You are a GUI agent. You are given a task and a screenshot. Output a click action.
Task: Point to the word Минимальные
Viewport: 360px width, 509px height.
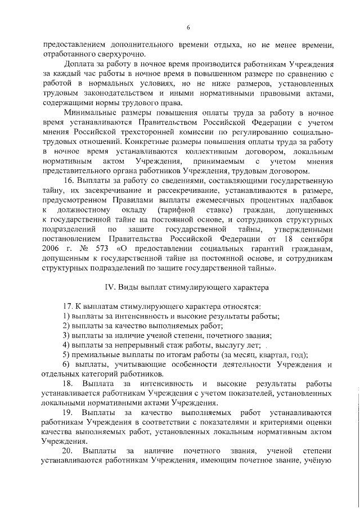89,113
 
